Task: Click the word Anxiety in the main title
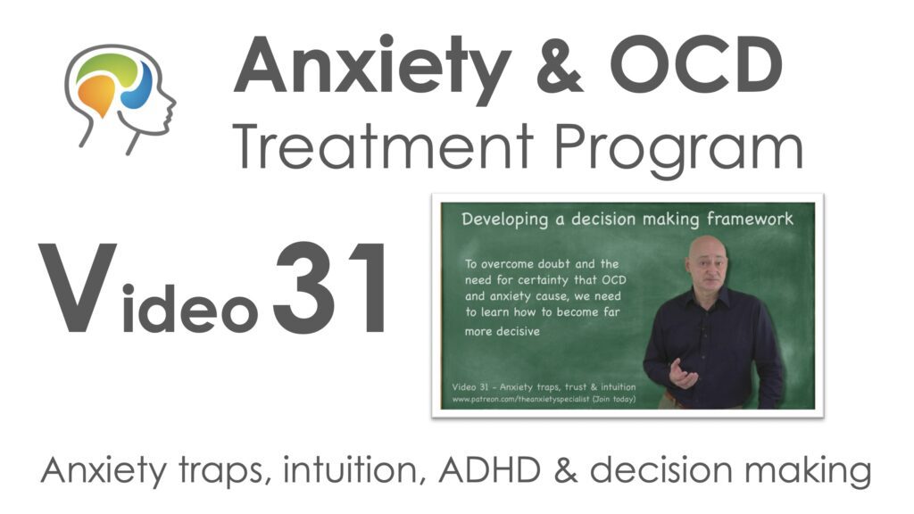coord(372,70)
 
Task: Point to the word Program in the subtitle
coord(678,150)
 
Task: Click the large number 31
coord(329,288)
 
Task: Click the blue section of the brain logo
coord(137,87)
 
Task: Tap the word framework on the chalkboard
coord(750,220)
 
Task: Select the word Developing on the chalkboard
coord(505,220)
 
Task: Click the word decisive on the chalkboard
coord(502,331)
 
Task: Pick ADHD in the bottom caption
coord(490,469)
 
